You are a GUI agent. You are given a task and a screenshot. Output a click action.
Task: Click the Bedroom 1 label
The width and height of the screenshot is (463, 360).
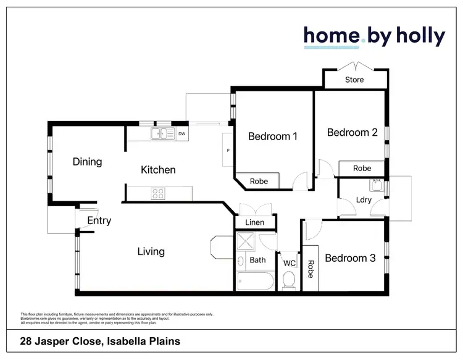[273, 136]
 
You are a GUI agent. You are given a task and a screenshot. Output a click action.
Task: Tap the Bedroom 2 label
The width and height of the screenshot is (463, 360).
[352, 132]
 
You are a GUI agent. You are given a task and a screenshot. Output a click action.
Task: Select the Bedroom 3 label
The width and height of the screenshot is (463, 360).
[350, 258]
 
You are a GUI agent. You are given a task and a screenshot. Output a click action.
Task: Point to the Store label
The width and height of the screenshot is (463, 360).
[354, 80]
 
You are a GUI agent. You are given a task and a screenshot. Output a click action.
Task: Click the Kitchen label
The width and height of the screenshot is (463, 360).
[159, 170]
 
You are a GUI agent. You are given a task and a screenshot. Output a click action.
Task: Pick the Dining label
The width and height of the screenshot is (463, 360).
[87, 162]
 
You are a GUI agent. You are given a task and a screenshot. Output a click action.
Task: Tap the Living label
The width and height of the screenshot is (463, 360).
[151, 251]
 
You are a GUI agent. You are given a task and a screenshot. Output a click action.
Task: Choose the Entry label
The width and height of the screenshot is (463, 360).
[99, 221]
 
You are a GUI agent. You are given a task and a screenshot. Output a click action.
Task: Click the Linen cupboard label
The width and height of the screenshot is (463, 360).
[254, 222]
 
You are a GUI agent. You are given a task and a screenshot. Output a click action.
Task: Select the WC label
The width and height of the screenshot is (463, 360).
[290, 263]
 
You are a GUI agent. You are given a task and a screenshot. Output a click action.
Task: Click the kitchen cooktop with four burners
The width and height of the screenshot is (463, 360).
[158, 193]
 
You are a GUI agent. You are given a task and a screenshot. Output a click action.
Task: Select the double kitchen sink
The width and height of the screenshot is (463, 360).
[162, 133]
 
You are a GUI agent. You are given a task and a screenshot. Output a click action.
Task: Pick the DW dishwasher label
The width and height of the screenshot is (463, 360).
[181, 133]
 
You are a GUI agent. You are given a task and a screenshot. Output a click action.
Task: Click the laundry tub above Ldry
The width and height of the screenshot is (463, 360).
[375, 185]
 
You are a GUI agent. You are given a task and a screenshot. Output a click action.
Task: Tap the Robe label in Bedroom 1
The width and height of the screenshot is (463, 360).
[259, 182]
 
